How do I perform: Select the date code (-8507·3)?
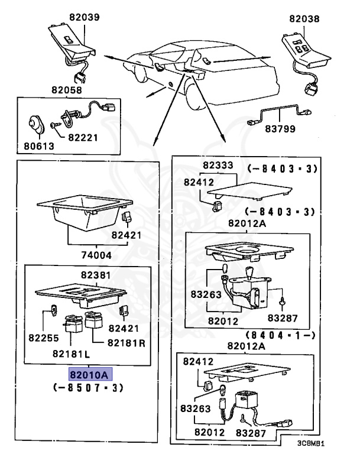point(87,388)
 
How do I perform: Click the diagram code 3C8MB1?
point(311,443)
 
